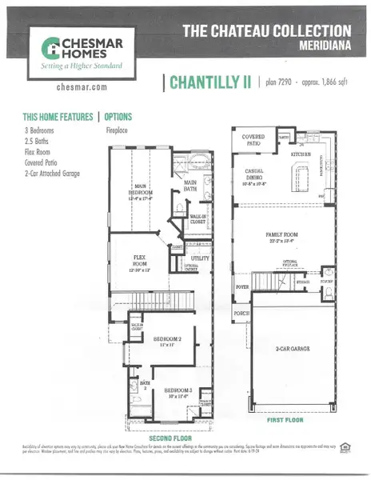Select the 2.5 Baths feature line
click(x=37, y=137)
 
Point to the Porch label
click(x=241, y=314)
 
